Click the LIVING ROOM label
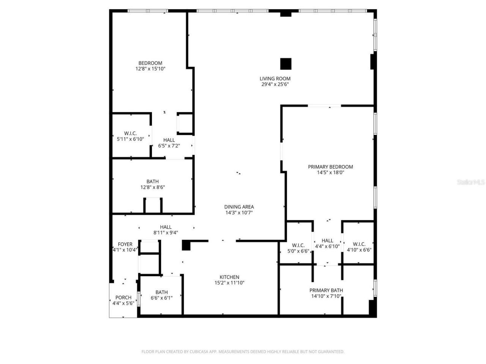pos(275,79)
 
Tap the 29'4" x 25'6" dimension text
pos(275,85)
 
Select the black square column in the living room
pos(286,64)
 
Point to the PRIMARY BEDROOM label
pos(330,167)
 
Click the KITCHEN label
pos(229,277)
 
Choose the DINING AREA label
pos(239,207)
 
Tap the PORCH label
pos(123,298)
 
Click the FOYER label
pos(125,245)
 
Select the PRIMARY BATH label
pos(326,290)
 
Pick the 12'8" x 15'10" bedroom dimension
pos(150,69)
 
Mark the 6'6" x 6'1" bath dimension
pos(161,298)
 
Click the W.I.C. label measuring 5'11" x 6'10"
pos(130,133)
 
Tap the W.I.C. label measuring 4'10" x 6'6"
pos(359,244)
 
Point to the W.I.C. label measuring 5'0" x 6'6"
pos(298,245)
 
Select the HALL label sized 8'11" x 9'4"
pos(166,227)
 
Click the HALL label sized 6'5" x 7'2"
pos(169,140)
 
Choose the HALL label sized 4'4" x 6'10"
pos(327,240)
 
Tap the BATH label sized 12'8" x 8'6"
pos(153,182)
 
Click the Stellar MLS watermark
pos(471,182)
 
